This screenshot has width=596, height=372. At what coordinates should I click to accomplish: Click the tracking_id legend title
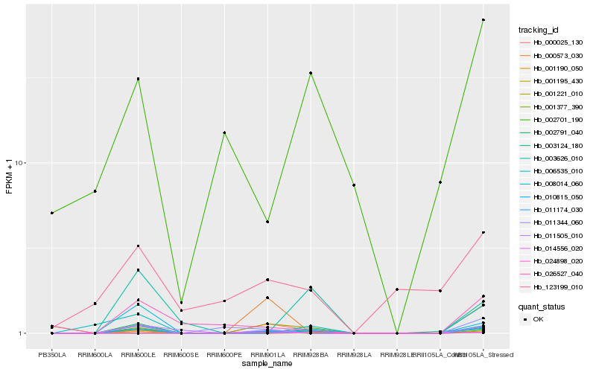[539, 30]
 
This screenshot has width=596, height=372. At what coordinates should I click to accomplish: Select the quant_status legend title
[542, 306]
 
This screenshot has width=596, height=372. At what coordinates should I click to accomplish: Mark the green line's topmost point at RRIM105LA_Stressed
[484, 20]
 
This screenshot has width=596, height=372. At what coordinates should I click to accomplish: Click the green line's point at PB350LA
[52, 213]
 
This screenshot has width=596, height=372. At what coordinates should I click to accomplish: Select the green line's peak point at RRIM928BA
[311, 73]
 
